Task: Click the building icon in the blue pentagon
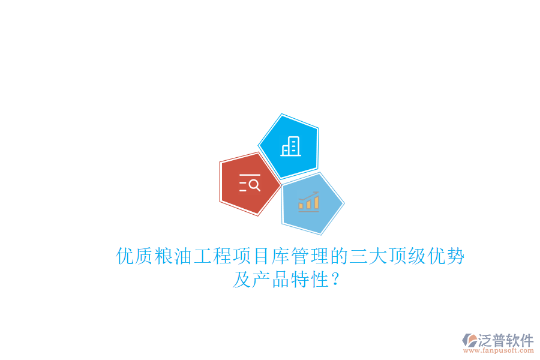tap(291, 146)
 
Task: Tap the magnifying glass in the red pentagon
tap(254, 185)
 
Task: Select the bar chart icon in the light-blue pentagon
tap(309, 202)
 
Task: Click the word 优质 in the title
tap(135, 257)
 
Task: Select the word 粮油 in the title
tap(173, 257)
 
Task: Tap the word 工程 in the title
tap(212, 257)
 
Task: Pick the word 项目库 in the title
tap(260, 257)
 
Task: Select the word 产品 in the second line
tap(271, 280)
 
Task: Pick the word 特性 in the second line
tap(309, 280)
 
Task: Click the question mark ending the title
tap(335, 280)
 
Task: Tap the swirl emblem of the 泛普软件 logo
tap(470, 341)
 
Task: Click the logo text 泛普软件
tap(506, 340)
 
